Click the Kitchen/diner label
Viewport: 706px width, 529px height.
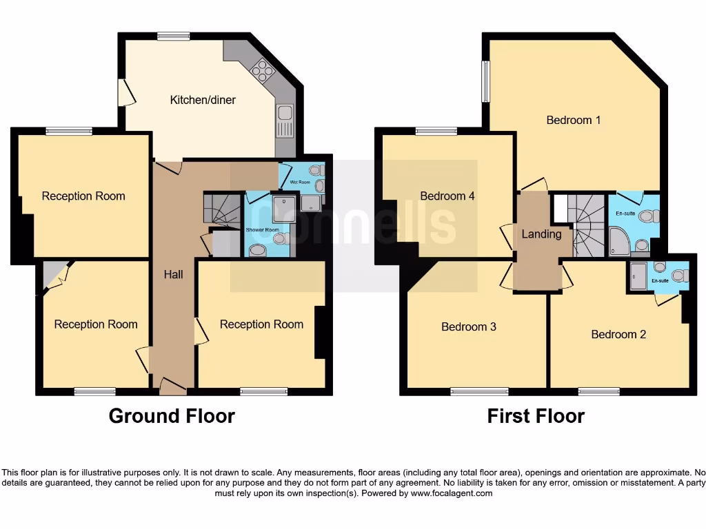203,100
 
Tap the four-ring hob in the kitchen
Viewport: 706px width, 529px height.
262,70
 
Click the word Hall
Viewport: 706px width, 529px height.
173,274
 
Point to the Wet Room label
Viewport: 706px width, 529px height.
299,182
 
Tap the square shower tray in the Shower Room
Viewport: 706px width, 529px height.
283,208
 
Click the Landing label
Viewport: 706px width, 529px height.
541,234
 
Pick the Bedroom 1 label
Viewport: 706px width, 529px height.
573,120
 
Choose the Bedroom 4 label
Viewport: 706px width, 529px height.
447,196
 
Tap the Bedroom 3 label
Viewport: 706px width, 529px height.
469,326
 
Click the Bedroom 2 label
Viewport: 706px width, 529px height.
618,334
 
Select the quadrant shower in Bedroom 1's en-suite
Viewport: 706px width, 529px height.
618,242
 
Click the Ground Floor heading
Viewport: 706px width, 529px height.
172,416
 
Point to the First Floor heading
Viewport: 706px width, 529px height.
536,416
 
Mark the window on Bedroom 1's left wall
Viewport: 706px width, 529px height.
485,81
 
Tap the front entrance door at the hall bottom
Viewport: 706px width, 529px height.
172,387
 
